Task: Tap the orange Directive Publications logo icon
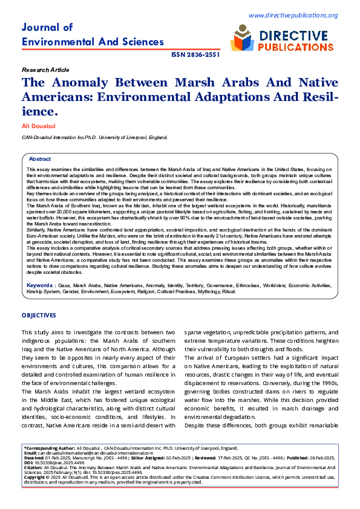[241, 41]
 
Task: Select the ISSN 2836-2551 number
[195, 54]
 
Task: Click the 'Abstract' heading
[40, 159]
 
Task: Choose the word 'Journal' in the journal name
[39, 27]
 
